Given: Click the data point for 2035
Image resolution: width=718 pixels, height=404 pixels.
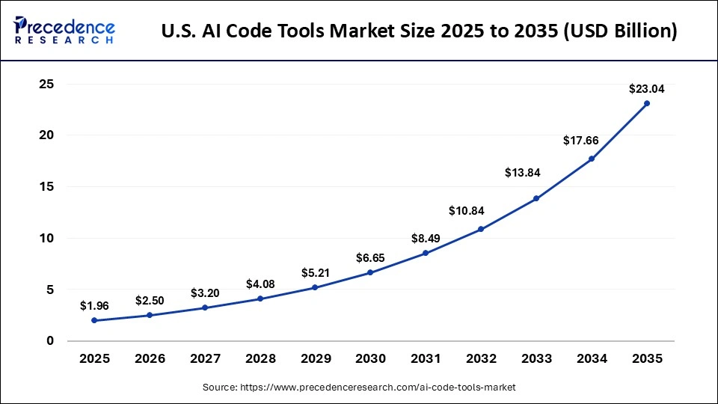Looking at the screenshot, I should [x=647, y=103].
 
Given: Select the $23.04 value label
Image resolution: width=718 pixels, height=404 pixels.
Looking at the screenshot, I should [x=647, y=88].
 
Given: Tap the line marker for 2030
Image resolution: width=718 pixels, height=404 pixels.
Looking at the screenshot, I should [x=370, y=272].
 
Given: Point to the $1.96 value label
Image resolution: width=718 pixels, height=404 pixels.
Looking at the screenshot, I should [x=94, y=306].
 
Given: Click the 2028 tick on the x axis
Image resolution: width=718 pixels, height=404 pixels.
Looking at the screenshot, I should [x=260, y=359].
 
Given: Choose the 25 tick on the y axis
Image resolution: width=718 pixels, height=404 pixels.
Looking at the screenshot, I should [x=46, y=85].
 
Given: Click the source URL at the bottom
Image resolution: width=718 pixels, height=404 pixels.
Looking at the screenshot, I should [x=359, y=388].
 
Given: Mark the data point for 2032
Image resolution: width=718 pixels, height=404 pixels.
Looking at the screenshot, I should [x=481, y=229].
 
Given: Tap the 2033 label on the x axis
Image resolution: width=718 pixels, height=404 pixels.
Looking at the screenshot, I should [x=536, y=359].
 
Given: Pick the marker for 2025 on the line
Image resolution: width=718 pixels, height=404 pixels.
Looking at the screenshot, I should [x=94, y=320].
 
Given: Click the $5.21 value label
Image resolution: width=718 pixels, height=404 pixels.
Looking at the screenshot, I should [x=316, y=273].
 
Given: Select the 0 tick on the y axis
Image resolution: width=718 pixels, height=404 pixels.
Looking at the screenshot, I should [x=50, y=340].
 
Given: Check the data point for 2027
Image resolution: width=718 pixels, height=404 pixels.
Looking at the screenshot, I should [x=205, y=307].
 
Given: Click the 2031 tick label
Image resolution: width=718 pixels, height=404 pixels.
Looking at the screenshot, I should [x=426, y=359].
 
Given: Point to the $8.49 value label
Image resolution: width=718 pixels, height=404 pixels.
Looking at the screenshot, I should [x=426, y=239].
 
